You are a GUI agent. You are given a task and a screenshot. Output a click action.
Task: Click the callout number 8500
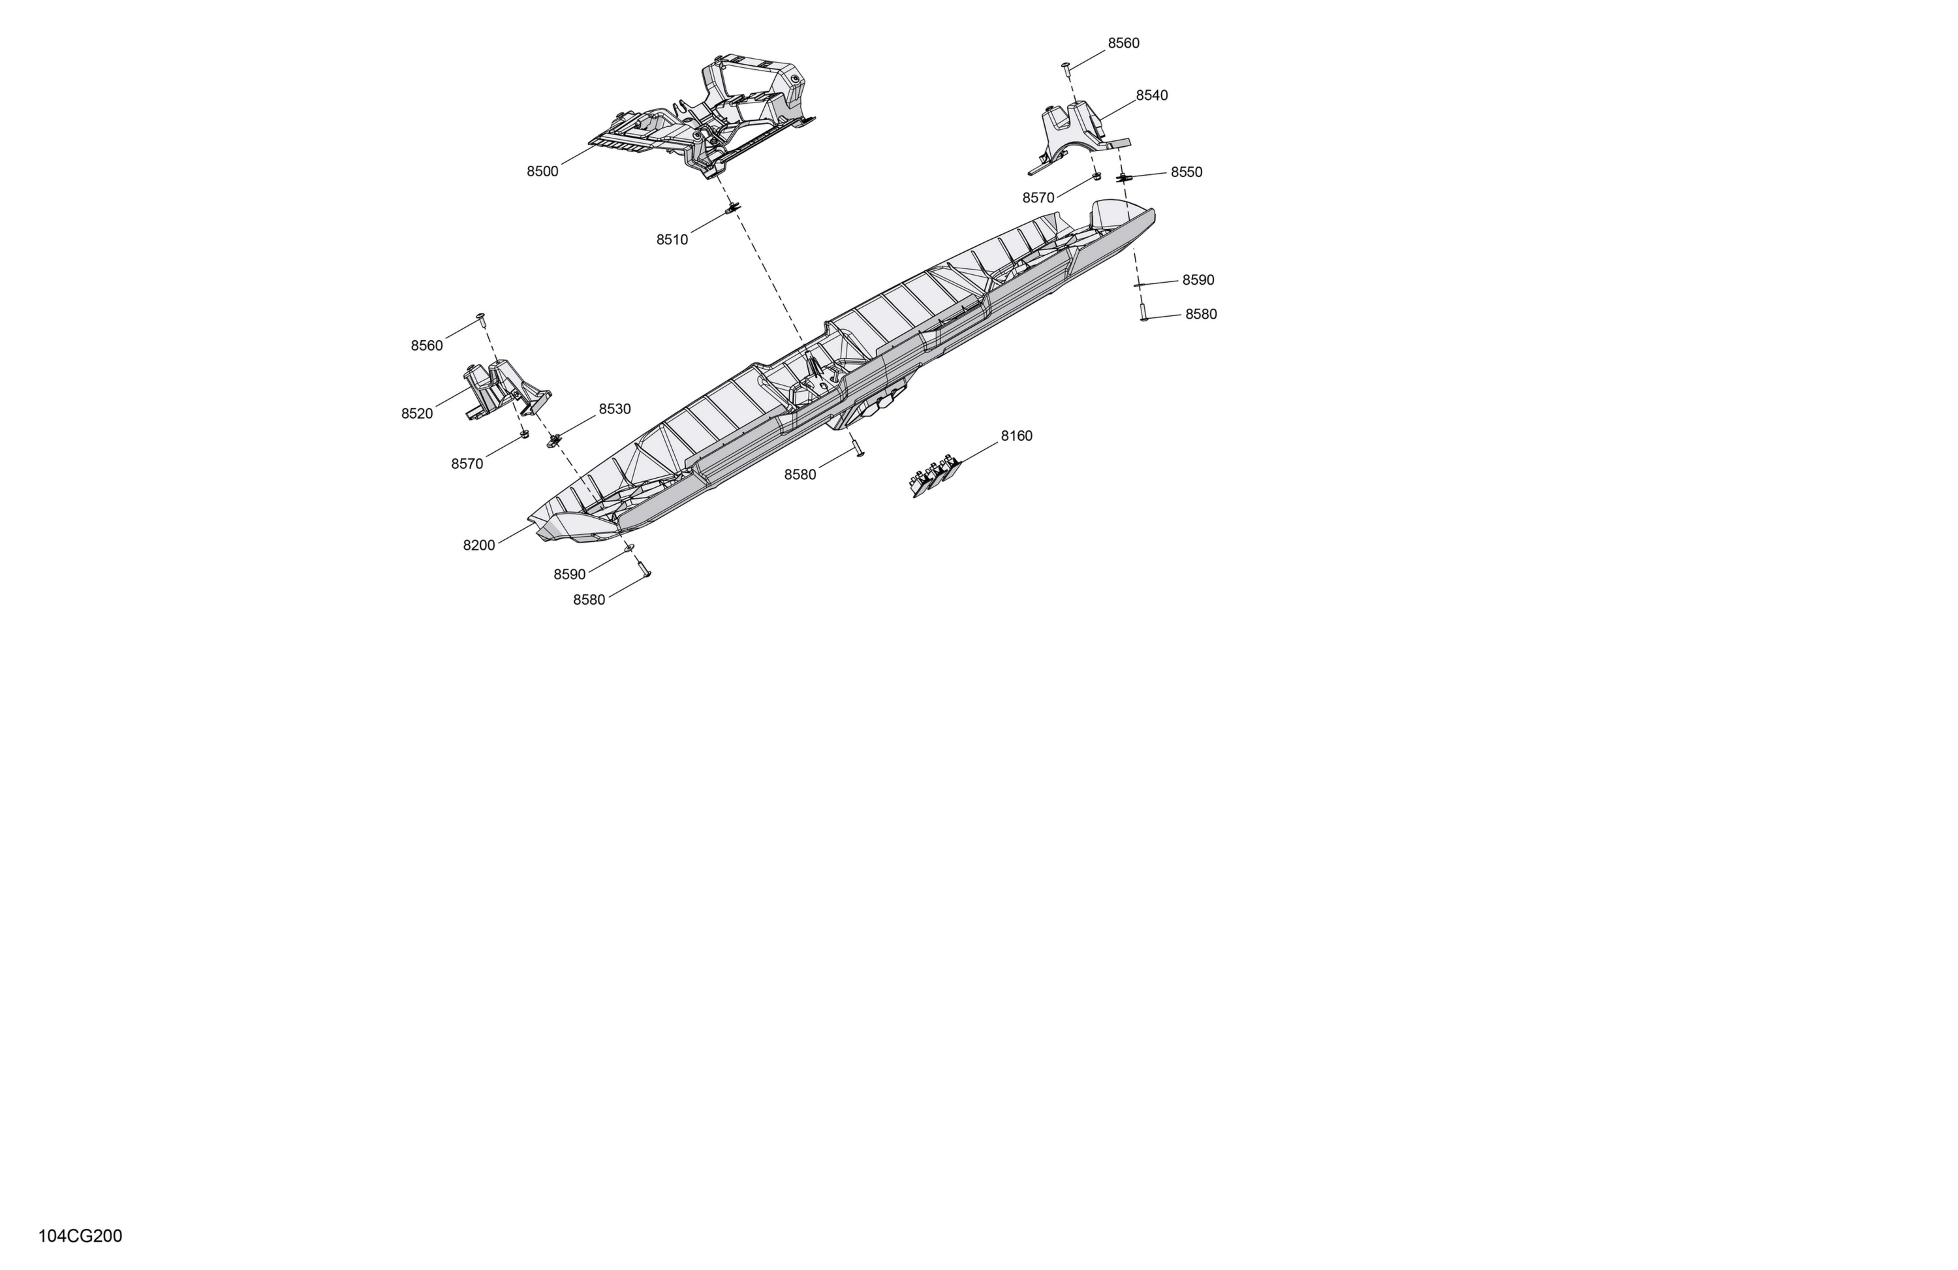click(542, 171)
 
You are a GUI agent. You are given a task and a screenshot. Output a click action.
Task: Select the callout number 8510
click(672, 240)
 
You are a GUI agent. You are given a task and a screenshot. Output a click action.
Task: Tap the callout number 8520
click(417, 413)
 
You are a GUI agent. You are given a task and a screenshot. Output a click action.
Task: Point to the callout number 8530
click(615, 409)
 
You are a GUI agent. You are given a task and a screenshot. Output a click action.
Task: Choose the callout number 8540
click(1152, 95)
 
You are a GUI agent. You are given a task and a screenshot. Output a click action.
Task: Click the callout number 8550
click(1187, 172)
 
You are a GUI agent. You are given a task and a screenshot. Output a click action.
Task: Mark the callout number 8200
click(479, 545)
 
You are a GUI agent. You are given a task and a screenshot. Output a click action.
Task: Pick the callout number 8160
click(1016, 436)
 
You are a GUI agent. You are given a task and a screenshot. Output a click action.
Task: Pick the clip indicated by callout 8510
click(730, 210)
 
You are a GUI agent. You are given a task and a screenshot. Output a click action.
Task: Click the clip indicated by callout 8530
click(553, 439)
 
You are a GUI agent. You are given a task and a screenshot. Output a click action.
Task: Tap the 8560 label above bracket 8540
click(1123, 43)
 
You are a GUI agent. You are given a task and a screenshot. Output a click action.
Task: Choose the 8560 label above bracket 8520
click(427, 345)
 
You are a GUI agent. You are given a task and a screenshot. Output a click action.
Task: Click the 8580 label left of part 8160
click(800, 474)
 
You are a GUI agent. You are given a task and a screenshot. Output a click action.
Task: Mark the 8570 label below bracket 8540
click(1038, 198)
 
